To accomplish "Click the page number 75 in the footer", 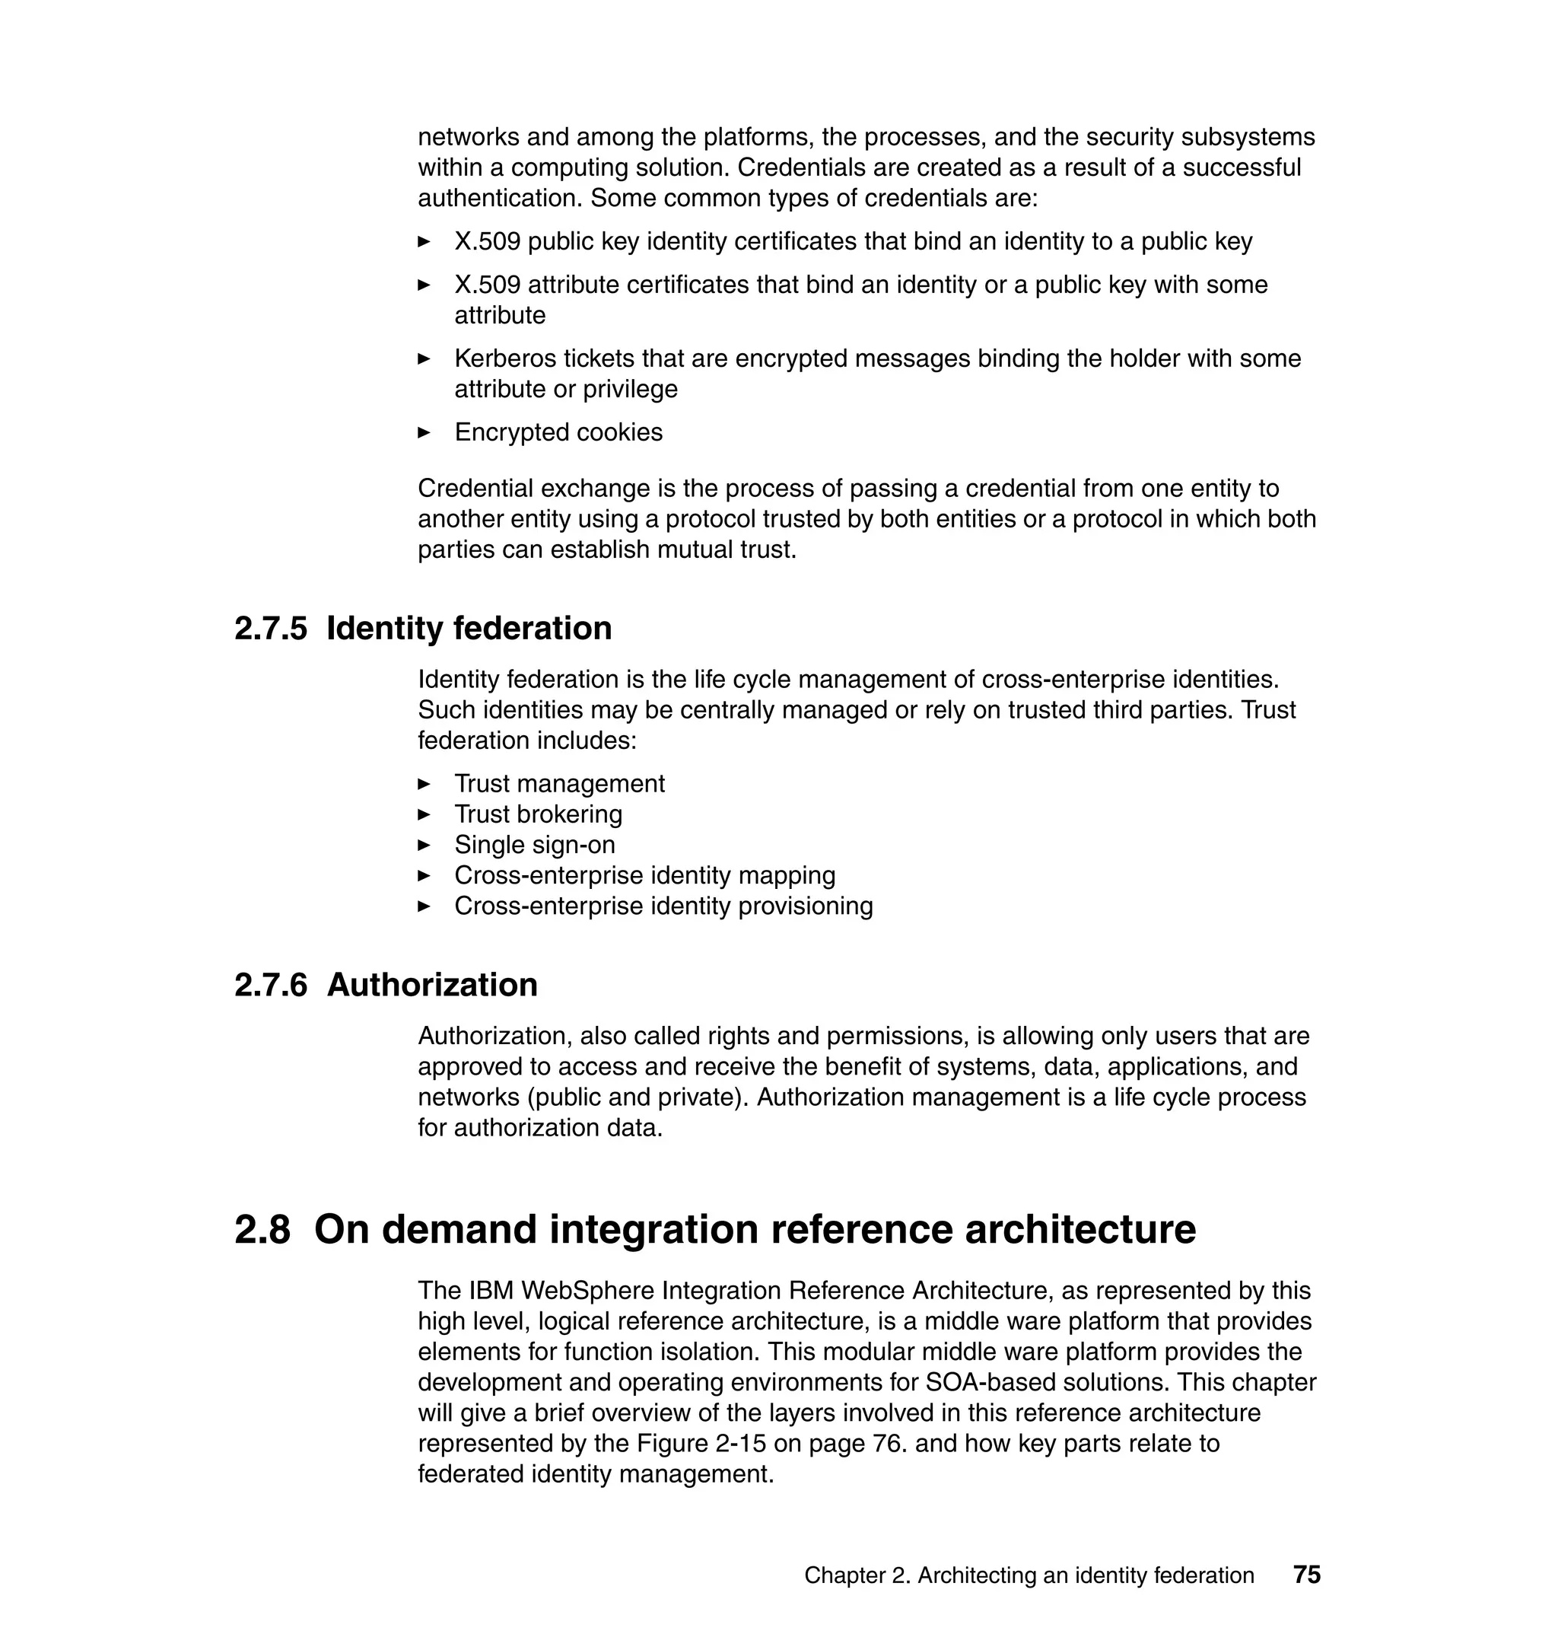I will point(1306,1575).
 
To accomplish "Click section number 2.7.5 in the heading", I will point(271,628).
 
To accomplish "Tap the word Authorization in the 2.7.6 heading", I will point(432,985).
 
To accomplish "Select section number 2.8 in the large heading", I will point(262,1230).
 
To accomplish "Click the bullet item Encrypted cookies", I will point(558,432).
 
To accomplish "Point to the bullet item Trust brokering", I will point(538,814).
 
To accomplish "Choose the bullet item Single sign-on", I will point(535,845).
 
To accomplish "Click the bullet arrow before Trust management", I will point(424,783).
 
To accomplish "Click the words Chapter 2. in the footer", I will point(857,1575).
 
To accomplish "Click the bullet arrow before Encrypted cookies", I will point(424,432).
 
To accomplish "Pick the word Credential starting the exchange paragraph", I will point(479,489).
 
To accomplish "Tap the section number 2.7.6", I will point(271,985).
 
